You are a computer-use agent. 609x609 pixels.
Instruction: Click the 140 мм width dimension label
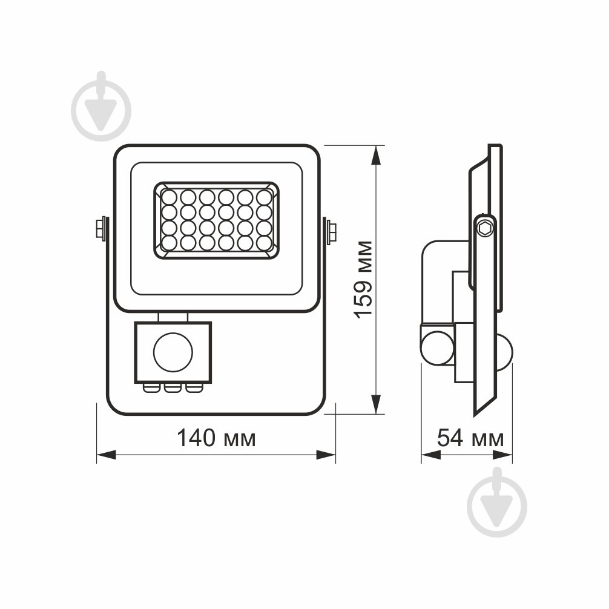pos(216,438)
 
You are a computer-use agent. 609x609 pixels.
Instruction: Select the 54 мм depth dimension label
pos(470,438)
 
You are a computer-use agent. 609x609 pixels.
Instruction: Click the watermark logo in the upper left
pos(100,110)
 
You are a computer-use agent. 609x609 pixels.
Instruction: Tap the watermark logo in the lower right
pos(497,504)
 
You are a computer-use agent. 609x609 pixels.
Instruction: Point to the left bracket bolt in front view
pos(101,229)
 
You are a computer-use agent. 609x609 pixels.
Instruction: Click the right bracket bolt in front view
pos(331,231)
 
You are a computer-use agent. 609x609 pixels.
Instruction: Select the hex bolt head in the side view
pos(485,228)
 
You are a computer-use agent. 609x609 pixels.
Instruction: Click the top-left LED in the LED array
pos(169,197)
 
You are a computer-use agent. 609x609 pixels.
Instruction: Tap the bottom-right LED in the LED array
pos(263,243)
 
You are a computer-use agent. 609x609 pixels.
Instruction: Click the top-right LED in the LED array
pos(263,197)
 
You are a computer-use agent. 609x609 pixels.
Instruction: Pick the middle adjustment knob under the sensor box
pos(173,387)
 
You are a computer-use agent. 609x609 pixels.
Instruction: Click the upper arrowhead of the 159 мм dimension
pos(376,154)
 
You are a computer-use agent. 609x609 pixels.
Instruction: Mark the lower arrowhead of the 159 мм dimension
pos(376,405)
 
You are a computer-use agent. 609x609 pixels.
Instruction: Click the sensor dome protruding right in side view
pos(506,351)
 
